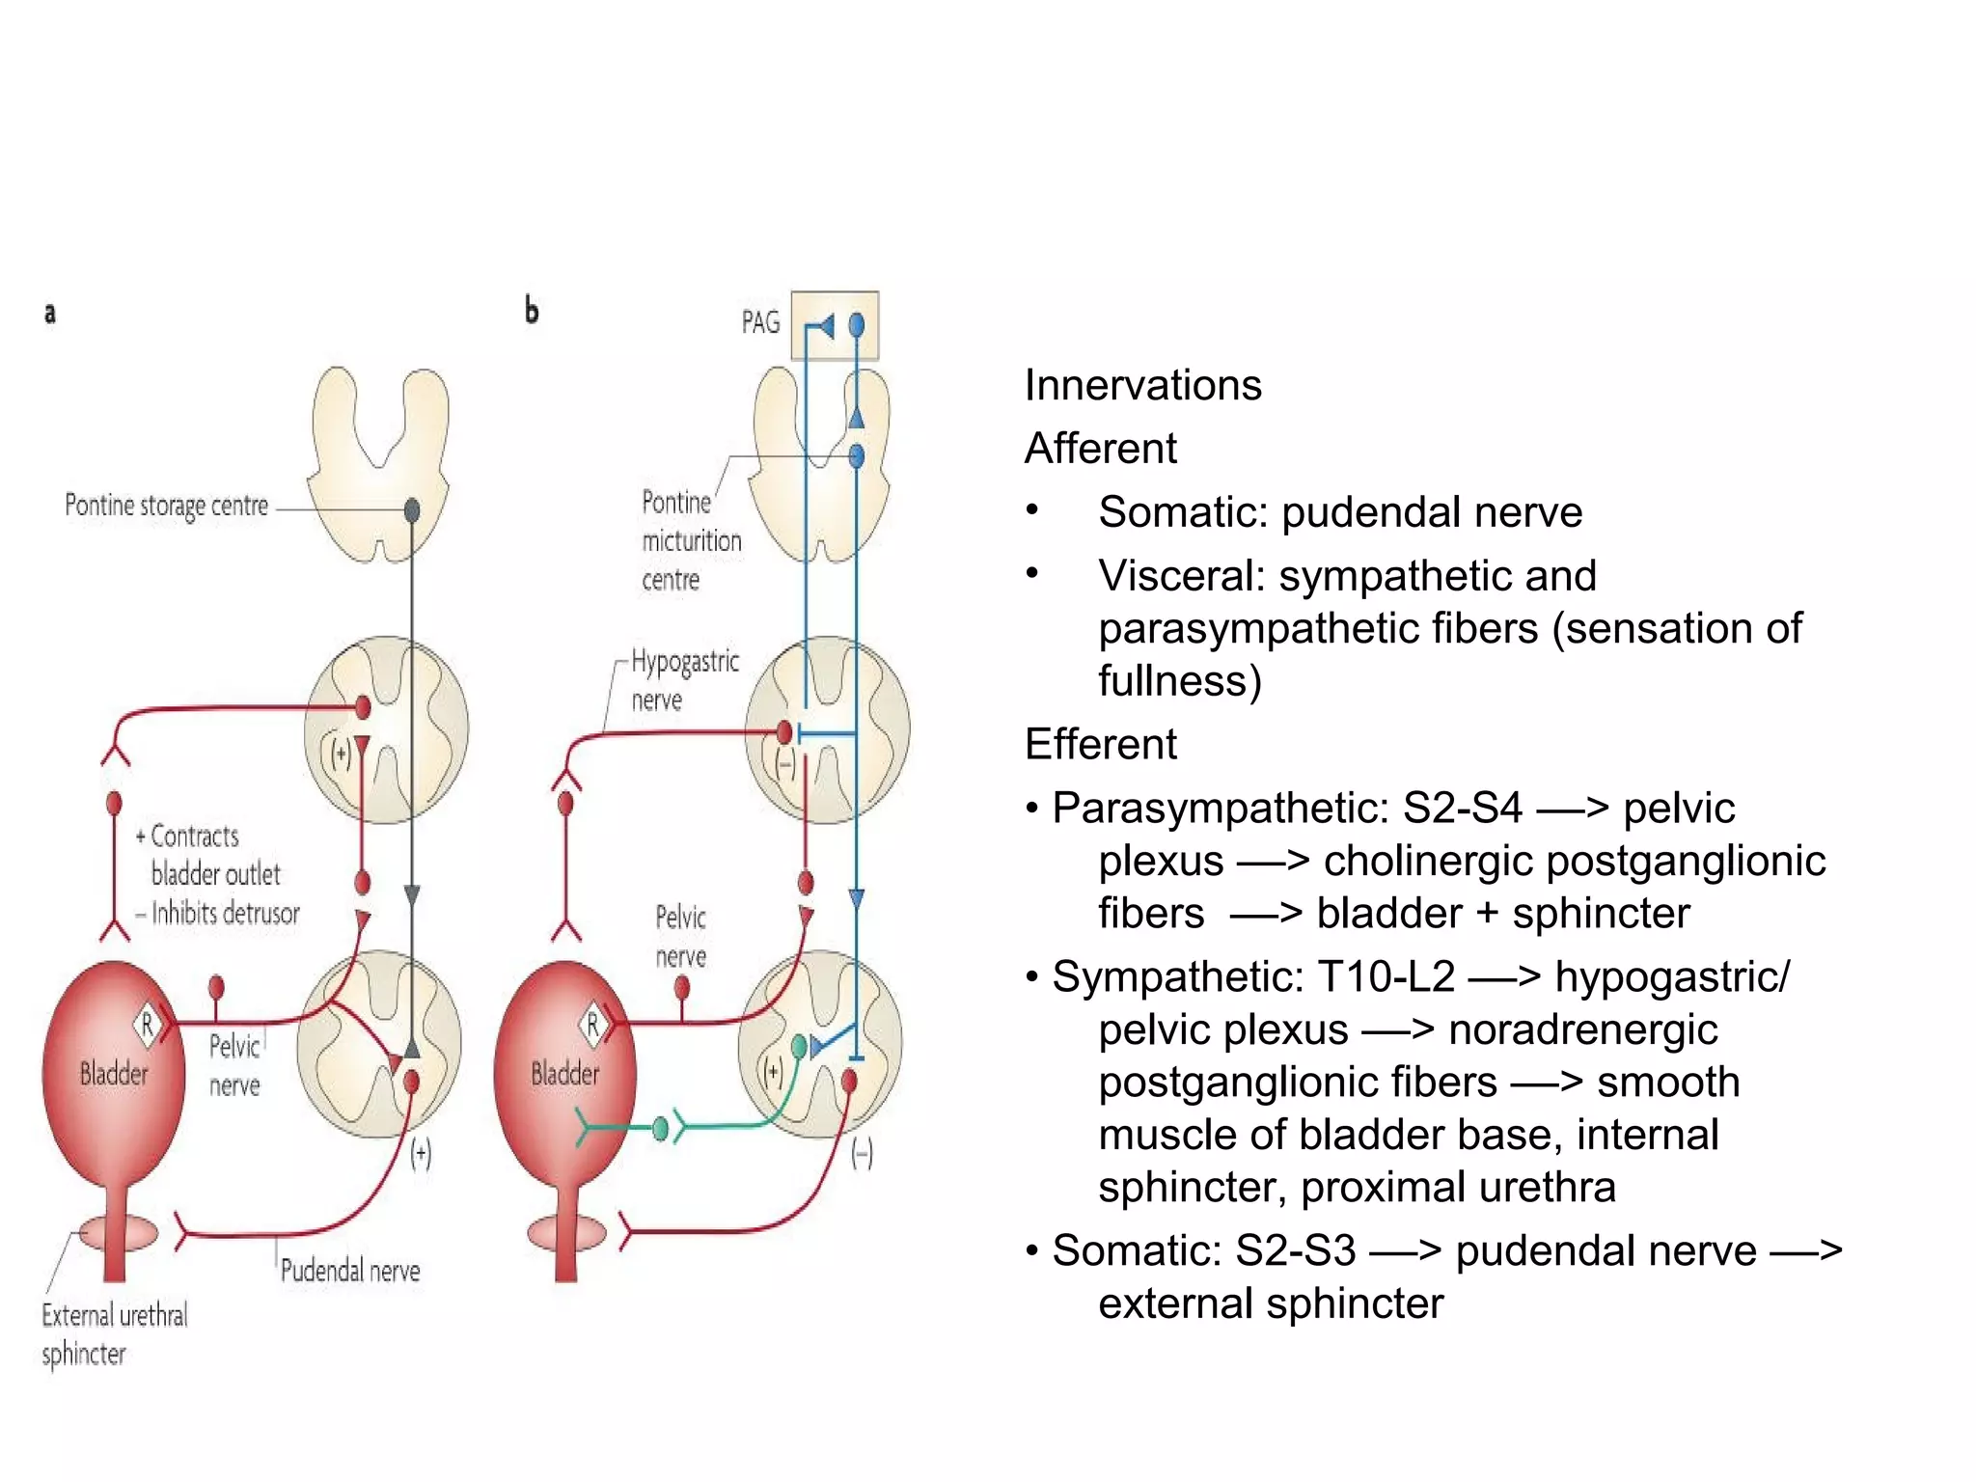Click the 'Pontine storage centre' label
[166, 506]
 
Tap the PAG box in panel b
[835, 325]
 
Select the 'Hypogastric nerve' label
[684, 680]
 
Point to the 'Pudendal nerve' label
[350, 1271]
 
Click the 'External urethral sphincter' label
[114, 1334]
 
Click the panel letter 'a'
[50, 313]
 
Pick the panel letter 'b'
[531, 310]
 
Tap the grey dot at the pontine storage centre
[412, 509]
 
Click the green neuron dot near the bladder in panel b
[660, 1128]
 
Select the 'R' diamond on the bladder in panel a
[147, 1024]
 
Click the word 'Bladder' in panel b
[564, 1074]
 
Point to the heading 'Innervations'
[1142, 385]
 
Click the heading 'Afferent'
[1100, 449]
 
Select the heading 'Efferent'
[1100, 745]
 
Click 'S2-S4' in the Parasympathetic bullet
[1462, 808]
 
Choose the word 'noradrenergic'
[1582, 1029]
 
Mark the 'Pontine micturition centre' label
[691, 540]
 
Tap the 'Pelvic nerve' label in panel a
[234, 1065]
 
